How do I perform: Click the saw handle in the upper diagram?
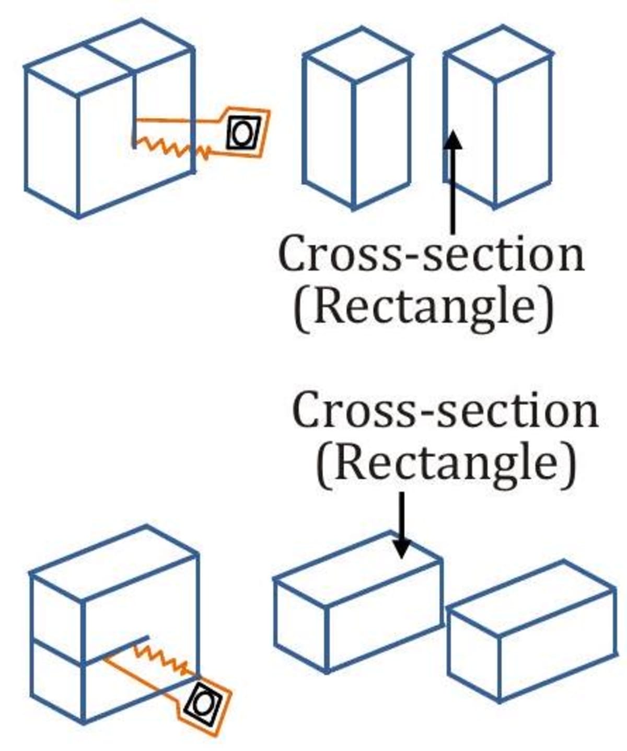pyautogui.click(x=243, y=133)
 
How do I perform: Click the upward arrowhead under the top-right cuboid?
pyautogui.click(x=453, y=140)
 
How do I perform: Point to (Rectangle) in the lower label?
pyautogui.click(x=446, y=463)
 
